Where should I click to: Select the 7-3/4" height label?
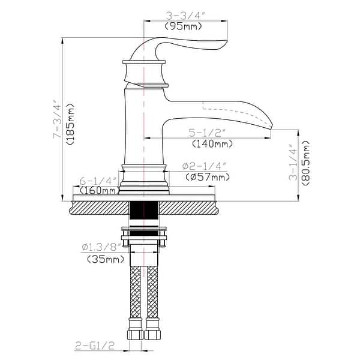pyautogui.click(x=57, y=120)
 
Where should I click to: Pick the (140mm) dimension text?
pyautogui.click(x=212, y=144)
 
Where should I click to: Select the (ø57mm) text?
pyautogui.click(x=208, y=177)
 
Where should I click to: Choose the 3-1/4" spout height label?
pyautogui.click(x=293, y=162)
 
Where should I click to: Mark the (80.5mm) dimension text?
pyautogui.click(x=306, y=164)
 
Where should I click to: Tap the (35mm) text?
pyautogui.click(x=103, y=259)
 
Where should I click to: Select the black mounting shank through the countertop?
pyautogui.click(x=144, y=213)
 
